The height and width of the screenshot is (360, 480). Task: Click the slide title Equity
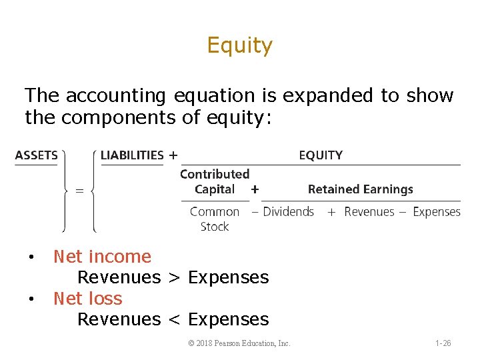click(x=239, y=45)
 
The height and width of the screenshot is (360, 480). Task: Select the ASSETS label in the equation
click(x=36, y=155)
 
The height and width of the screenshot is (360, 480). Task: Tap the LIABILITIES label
click(x=132, y=155)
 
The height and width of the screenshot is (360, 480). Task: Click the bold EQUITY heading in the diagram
click(x=321, y=155)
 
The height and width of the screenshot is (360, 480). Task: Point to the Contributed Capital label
click(x=215, y=181)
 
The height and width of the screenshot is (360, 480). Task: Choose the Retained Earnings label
click(x=360, y=189)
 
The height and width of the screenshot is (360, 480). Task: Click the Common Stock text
click(x=214, y=219)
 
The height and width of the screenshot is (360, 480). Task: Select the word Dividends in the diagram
click(x=288, y=212)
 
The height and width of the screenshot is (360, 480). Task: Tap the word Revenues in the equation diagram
click(x=369, y=212)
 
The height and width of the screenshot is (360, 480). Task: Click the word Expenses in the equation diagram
click(x=437, y=212)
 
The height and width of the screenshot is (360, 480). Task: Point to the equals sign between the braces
click(x=79, y=191)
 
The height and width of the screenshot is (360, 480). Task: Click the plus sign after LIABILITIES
click(x=173, y=155)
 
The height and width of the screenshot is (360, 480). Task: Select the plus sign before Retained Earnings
click(x=254, y=189)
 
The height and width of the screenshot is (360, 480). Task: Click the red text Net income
click(x=102, y=257)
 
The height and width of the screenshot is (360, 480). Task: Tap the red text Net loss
click(x=88, y=299)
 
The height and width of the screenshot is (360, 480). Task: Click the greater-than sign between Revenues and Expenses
click(x=175, y=278)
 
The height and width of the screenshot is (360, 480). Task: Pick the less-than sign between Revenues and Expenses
click(x=175, y=320)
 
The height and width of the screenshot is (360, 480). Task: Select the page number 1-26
click(x=443, y=343)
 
